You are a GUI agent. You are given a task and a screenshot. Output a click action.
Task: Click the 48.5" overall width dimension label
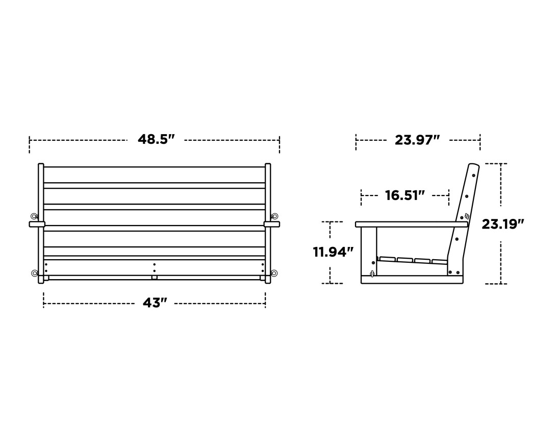[156, 139]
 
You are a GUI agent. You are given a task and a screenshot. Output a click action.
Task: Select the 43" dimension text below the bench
[155, 303]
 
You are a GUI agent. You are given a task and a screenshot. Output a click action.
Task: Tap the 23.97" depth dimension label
[417, 140]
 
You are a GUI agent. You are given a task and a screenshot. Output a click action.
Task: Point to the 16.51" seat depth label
[404, 195]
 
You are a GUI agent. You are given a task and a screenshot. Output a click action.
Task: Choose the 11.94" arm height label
[333, 252]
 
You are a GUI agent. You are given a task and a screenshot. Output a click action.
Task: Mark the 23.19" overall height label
[503, 224]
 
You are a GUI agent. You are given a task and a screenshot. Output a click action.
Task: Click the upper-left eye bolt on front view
[34, 216]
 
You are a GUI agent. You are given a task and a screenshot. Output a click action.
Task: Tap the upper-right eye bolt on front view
[275, 216]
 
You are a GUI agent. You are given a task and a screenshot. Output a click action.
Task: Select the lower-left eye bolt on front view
[34, 274]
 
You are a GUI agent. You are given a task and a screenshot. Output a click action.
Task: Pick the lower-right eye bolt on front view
[274, 274]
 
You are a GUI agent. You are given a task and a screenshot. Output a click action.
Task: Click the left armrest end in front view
[37, 224]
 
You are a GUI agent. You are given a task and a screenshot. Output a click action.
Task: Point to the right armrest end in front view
[272, 224]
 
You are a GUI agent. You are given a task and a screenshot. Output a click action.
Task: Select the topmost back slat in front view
[154, 175]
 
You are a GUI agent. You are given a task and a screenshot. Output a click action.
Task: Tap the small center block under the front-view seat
[154, 278]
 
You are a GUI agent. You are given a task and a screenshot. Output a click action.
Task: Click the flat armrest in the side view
[411, 224]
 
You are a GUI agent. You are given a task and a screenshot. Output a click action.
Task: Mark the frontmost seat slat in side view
[387, 259]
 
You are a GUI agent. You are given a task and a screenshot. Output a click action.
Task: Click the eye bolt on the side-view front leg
[372, 274]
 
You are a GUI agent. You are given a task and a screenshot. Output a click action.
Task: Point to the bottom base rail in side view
[412, 280]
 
